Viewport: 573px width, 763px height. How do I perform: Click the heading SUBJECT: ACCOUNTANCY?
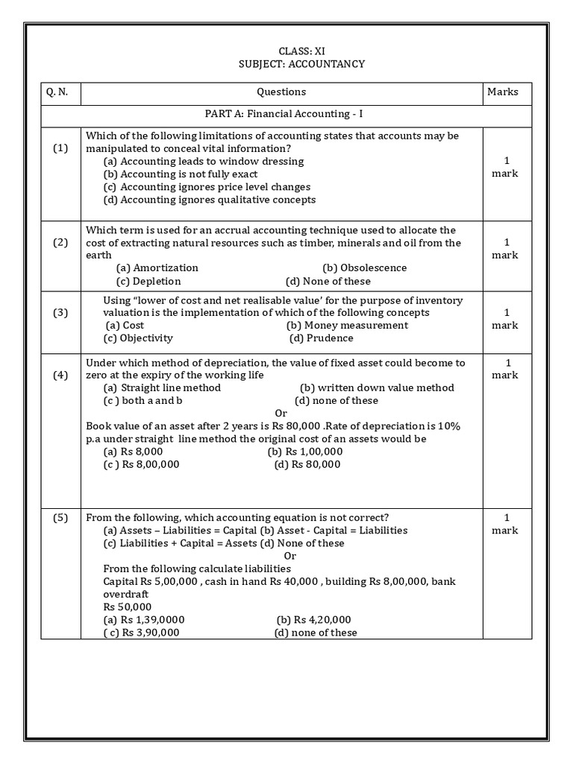click(301, 64)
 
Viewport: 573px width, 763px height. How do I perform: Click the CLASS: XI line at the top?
click(301, 51)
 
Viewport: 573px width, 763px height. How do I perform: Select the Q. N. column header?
click(57, 92)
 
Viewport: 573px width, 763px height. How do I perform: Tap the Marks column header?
click(502, 92)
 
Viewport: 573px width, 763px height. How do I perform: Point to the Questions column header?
click(281, 92)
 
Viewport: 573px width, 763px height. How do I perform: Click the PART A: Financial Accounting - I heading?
click(284, 115)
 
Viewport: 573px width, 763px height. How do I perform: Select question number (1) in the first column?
click(60, 148)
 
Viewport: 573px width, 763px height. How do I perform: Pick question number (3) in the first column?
click(60, 313)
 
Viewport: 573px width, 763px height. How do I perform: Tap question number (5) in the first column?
click(60, 518)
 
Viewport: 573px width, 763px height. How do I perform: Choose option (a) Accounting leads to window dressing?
click(204, 161)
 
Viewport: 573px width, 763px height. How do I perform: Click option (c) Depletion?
click(148, 281)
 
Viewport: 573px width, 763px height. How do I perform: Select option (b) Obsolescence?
click(364, 267)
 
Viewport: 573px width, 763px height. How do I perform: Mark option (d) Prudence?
click(322, 338)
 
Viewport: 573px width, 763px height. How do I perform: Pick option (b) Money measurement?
click(347, 325)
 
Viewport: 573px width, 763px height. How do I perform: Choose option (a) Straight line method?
click(162, 387)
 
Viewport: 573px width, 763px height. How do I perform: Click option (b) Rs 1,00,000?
click(304, 452)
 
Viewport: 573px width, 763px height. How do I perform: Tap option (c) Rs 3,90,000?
click(141, 633)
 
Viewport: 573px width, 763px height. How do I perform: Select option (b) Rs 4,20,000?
click(313, 620)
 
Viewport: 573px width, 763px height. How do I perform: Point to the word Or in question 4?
click(281, 413)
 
